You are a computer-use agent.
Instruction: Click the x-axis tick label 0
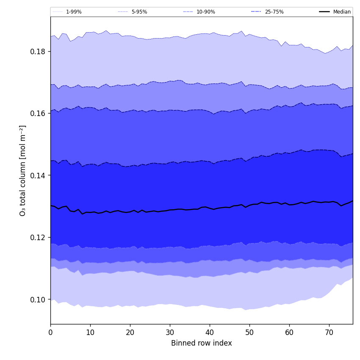click(50, 333)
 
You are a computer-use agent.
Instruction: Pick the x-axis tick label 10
click(90, 333)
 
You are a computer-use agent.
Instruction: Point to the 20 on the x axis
click(130, 333)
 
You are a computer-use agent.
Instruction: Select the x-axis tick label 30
click(170, 333)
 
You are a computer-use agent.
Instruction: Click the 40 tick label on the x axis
click(210, 333)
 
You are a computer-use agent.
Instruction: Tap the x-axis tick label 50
click(249, 333)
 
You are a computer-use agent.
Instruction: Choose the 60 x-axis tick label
click(289, 333)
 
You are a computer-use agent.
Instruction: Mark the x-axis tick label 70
click(329, 333)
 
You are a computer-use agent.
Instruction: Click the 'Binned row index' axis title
click(202, 343)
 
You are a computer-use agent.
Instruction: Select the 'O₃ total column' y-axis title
click(23, 170)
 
